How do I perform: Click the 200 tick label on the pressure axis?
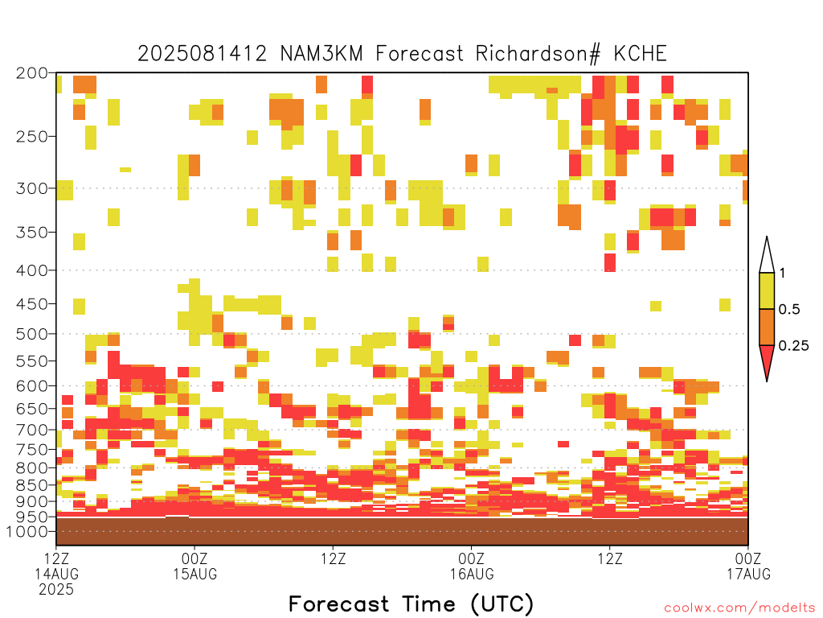click(31, 73)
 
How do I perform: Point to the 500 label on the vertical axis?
click(31, 334)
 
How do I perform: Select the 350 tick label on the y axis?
click(31, 233)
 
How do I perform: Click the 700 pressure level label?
click(31, 430)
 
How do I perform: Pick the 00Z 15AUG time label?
click(194, 566)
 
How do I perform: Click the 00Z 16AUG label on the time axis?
click(471, 566)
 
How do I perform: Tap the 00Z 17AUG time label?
click(748, 566)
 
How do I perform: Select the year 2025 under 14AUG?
click(56, 589)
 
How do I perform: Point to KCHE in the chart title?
click(640, 54)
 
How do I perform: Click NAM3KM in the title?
click(321, 54)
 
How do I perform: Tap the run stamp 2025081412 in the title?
click(202, 54)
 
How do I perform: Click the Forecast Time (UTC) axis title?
click(411, 604)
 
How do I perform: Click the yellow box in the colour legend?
click(767, 290)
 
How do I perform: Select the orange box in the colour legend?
click(767, 327)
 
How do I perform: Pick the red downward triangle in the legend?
click(767, 359)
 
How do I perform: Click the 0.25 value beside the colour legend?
click(793, 345)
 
